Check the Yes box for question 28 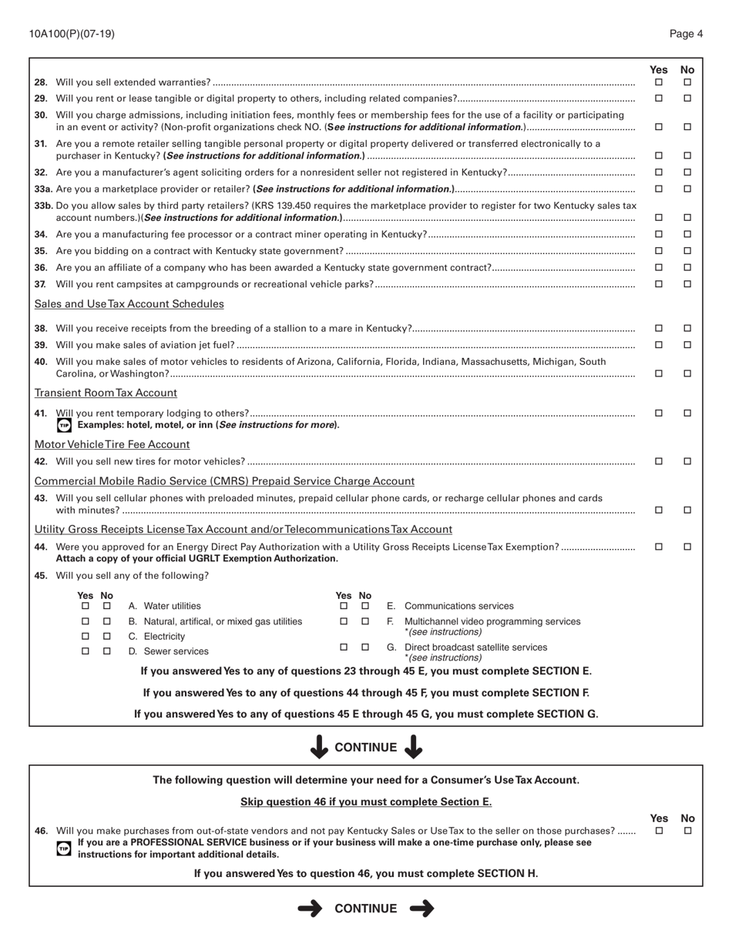pyautogui.click(x=659, y=82)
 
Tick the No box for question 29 pyautogui.click(x=687, y=99)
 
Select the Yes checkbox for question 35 pyautogui.click(x=659, y=251)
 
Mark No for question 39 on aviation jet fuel pyautogui.click(x=687, y=345)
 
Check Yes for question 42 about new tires pyautogui.click(x=659, y=461)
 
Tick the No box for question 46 pyautogui.click(x=687, y=831)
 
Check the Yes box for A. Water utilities pyautogui.click(x=86, y=607)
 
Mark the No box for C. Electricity pyautogui.click(x=107, y=637)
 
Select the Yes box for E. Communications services pyautogui.click(x=344, y=607)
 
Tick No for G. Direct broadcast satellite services pyautogui.click(x=365, y=648)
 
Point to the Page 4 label pyautogui.click(x=686, y=34)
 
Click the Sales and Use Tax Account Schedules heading pyautogui.click(x=129, y=304)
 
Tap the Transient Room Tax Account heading pyautogui.click(x=106, y=393)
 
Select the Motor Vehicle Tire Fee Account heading pyautogui.click(x=112, y=444)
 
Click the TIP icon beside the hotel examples pyautogui.click(x=64, y=425)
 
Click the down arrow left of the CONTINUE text pyautogui.click(x=317, y=747)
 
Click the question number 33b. pyautogui.click(x=43, y=206)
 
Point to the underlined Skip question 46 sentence pyautogui.click(x=366, y=801)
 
